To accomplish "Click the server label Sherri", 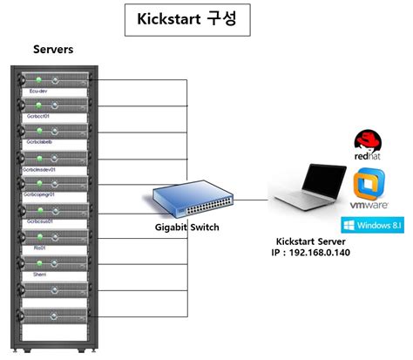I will point(40,273).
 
